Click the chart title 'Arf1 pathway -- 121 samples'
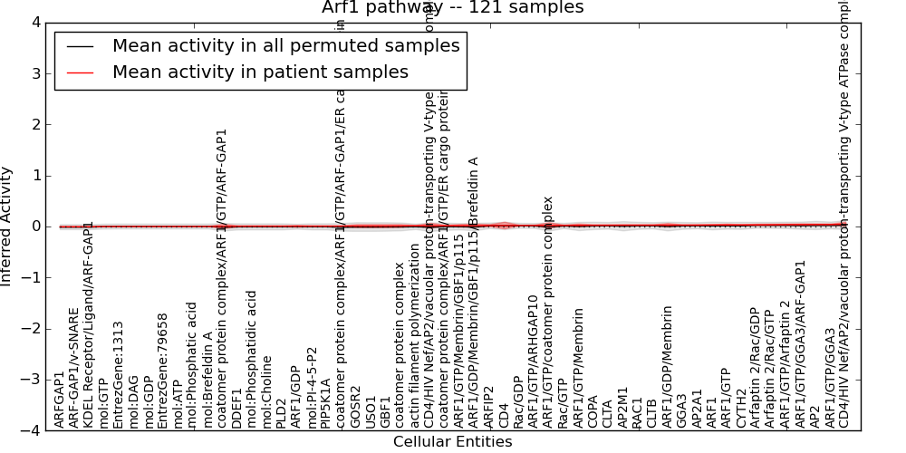tap(452, 8)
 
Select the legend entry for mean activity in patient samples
tap(260, 72)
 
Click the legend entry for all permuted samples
tap(285, 45)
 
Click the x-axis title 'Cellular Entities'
tap(452, 442)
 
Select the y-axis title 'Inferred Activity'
tap(7, 226)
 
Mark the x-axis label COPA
tap(593, 410)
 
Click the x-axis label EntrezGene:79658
tap(163, 371)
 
